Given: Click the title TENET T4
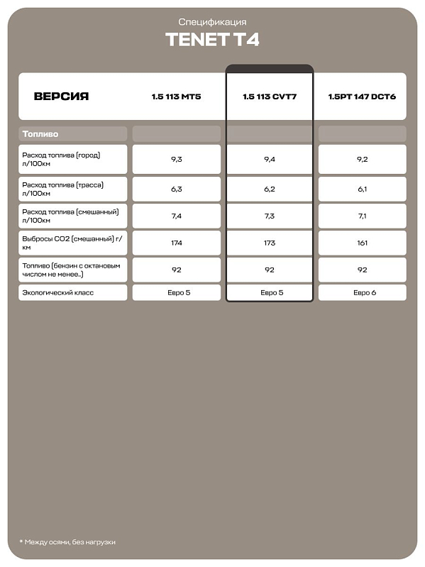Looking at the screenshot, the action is click(x=212, y=39).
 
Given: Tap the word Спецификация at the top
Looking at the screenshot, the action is click(x=212, y=22).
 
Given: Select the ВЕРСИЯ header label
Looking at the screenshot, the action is click(x=61, y=97).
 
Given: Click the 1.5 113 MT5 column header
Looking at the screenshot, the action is click(x=176, y=97).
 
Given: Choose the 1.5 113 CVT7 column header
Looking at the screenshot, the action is click(x=269, y=97).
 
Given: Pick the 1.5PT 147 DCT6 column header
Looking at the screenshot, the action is click(x=362, y=97).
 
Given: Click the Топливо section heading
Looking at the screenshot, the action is click(x=40, y=133).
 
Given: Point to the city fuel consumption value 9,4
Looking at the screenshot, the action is click(x=269, y=160).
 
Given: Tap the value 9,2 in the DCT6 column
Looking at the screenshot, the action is click(x=362, y=160).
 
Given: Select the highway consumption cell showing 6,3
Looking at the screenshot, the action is click(x=176, y=189).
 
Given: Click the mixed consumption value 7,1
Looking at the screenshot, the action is click(x=362, y=216).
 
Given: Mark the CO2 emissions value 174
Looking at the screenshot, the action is click(x=176, y=243).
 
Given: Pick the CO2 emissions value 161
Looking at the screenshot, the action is click(x=362, y=243).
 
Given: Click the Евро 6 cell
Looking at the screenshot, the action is click(x=362, y=292).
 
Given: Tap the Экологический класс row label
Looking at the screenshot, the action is click(x=58, y=292).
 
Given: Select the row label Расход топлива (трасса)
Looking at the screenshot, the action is click(x=63, y=189).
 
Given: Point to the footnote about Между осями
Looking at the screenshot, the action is click(x=67, y=542).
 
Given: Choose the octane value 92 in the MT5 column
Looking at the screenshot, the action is click(x=176, y=270).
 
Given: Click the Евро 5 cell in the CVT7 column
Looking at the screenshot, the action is click(x=269, y=292).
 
